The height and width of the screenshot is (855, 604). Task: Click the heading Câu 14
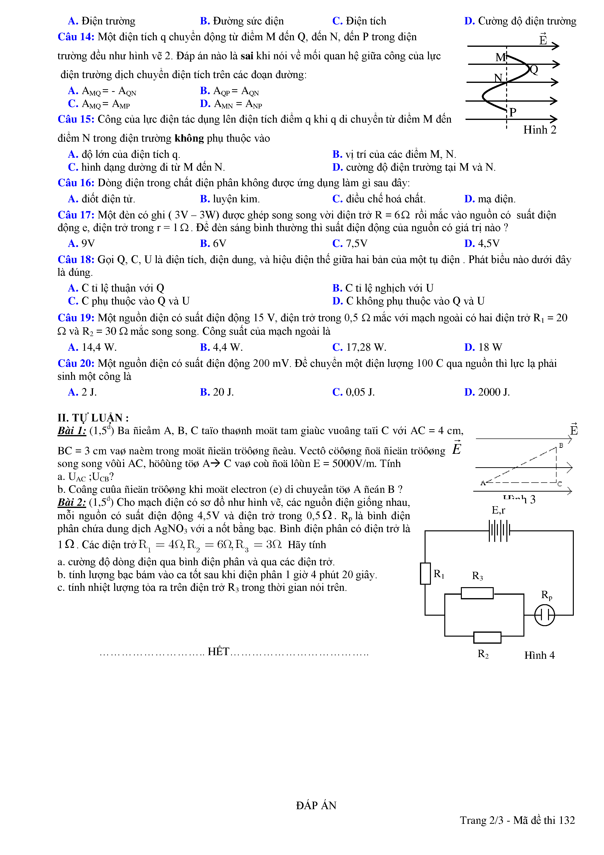tap(76, 37)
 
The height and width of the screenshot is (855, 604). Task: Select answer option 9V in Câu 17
tap(82, 243)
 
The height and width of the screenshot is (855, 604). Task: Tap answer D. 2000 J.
tap(487, 392)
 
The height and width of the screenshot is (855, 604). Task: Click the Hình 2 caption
tap(540, 130)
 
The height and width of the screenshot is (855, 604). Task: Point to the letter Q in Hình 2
tap(534, 70)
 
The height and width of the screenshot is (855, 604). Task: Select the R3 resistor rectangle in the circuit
tap(477, 593)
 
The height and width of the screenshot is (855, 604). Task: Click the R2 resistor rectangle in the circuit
tap(487, 638)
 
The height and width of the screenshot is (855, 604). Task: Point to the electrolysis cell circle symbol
tap(545, 615)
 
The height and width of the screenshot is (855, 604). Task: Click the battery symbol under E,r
tap(499, 530)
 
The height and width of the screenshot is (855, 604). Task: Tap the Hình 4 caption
tap(539, 655)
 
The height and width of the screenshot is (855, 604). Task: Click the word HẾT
tap(218, 652)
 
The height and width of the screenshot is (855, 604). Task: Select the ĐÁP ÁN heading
tap(316, 806)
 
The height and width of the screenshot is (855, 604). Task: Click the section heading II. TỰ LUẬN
tap(93, 418)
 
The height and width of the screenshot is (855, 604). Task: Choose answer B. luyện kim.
tap(230, 199)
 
